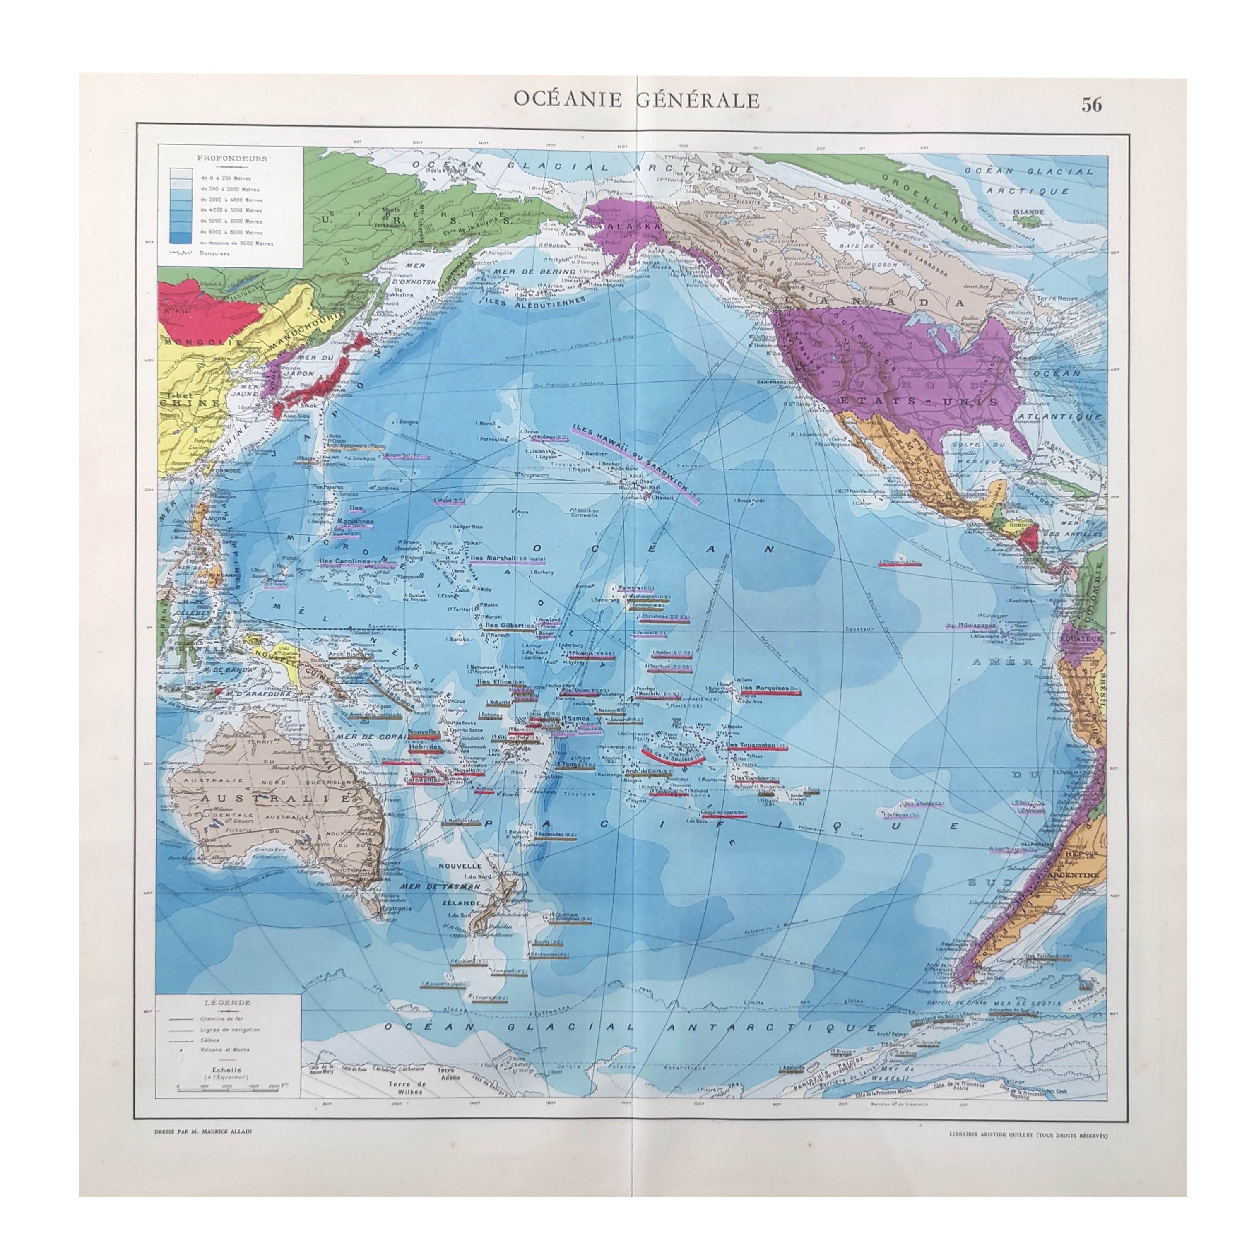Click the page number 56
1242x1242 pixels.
click(x=1091, y=105)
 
